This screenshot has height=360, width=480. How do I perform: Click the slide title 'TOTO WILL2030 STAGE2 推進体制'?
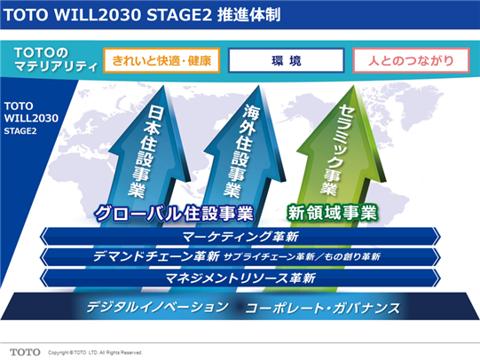(x=142, y=15)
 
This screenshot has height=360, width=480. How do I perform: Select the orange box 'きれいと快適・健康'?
(x=161, y=60)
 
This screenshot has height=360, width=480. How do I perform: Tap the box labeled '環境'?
(x=287, y=60)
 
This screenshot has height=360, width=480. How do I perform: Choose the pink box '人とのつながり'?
(x=411, y=60)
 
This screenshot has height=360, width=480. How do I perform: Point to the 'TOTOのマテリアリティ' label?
(x=56, y=59)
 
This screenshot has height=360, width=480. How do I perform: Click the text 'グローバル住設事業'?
(x=174, y=213)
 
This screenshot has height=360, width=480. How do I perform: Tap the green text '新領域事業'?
(x=332, y=213)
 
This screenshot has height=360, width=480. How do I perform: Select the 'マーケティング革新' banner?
(x=240, y=237)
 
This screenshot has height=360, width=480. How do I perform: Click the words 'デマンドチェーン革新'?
(x=156, y=256)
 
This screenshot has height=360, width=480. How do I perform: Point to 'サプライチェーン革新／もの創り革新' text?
(x=302, y=256)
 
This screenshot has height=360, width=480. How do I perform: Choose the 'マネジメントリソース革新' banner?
(x=240, y=278)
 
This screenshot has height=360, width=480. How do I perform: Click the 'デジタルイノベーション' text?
(x=157, y=307)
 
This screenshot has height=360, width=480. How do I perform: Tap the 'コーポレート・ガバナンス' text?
(x=323, y=308)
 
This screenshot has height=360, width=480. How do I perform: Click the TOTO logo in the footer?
(x=25, y=352)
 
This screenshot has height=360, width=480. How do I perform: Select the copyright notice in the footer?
(x=95, y=353)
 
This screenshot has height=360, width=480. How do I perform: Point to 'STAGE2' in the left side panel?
(x=20, y=131)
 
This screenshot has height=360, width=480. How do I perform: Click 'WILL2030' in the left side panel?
(x=31, y=118)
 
